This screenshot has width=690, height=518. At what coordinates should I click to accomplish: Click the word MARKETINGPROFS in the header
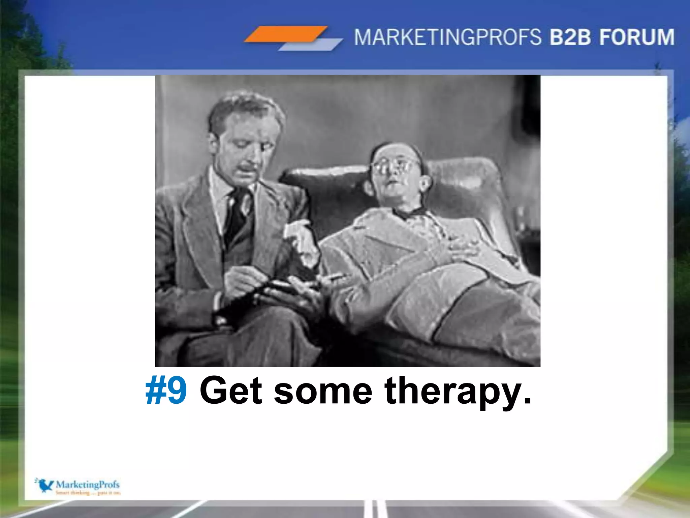447,37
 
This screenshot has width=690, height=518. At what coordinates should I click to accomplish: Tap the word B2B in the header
570,37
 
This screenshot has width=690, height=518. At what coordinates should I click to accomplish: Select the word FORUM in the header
637,37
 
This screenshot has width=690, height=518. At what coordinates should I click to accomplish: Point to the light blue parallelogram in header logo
310,45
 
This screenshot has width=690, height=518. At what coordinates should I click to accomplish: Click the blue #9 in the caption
166,391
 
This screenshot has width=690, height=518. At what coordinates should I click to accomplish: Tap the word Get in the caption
231,391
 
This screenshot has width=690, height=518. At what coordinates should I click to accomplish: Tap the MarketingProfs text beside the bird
87,485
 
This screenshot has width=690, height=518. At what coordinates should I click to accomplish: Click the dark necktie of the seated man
239,212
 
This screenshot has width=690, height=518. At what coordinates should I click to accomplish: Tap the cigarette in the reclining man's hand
334,277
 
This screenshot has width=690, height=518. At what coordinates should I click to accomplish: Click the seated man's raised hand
300,236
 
